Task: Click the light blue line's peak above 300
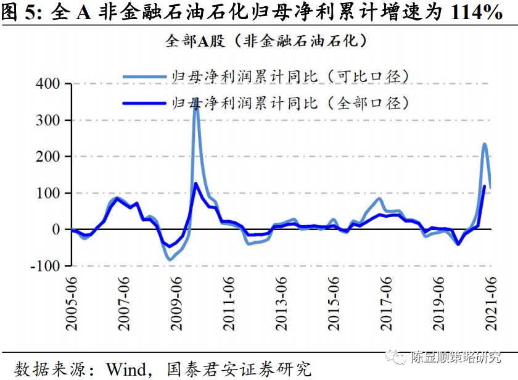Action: point(197,105)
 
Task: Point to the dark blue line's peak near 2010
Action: point(196,183)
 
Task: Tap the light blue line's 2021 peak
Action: point(485,144)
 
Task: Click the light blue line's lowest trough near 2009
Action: point(170,260)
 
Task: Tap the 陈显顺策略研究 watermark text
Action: point(457,357)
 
